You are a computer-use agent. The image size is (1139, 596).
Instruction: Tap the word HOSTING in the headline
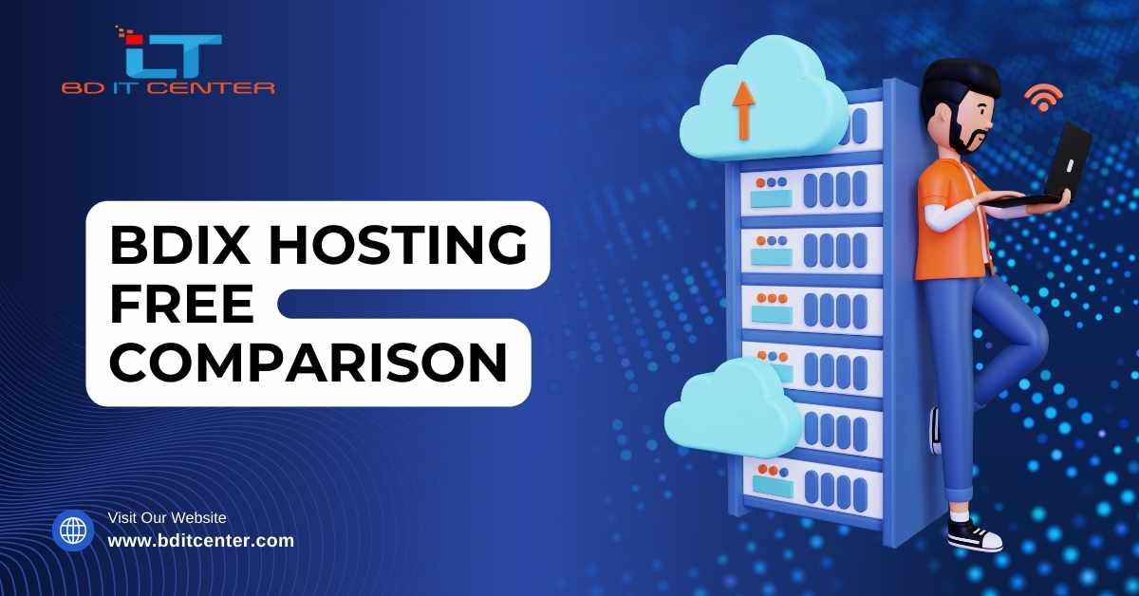[398, 245]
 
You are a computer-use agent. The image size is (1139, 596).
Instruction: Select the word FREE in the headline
[181, 304]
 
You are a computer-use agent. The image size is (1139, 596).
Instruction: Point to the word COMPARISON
[308, 363]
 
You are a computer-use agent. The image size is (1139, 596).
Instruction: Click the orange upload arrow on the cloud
[743, 111]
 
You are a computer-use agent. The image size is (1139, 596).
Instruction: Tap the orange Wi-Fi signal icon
[1043, 98]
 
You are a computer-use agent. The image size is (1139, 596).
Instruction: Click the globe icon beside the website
[73, 531]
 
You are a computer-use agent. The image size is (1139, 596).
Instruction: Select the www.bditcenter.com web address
[201, 540]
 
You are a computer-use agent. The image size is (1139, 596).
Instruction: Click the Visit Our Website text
[167, 517]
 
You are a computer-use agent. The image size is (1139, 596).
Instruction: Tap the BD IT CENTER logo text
[168, 88]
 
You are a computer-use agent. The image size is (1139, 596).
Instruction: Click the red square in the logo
[135, 39]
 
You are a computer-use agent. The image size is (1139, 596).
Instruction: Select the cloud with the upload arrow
[763, 99]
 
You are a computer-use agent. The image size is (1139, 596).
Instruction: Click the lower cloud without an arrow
[732, 407]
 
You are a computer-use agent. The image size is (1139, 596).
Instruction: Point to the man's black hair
[961, 82]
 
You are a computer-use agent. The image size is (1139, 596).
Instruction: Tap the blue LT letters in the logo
[174, 56]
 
